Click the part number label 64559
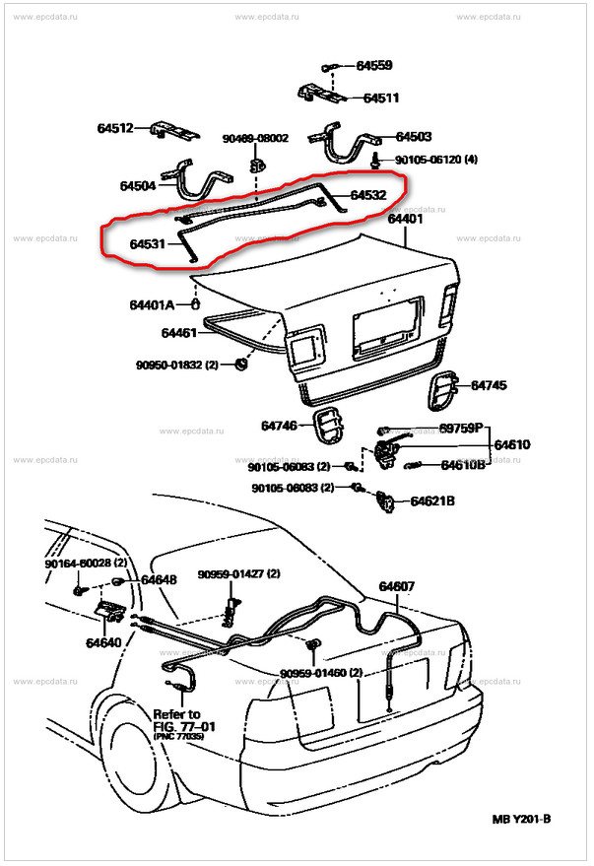pos(374,66)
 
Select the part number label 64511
pos(381,99)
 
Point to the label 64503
pos(415,137)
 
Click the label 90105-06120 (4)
pos(436,160)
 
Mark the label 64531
pos(148,242)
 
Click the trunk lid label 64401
pos(405,220)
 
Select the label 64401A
pos(155,303)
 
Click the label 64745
pos(489,385)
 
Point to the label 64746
pos(280,426)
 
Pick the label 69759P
pos(463,429)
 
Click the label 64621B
pos(433,501)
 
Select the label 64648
pos(159,580)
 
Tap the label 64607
pos(398,587)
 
